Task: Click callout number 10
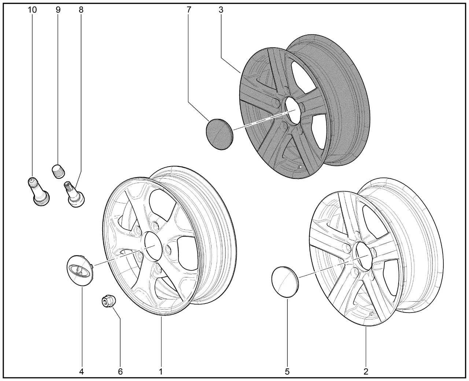tap(32, 10)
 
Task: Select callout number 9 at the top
tap(58, 10)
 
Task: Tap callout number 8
tap(81, 10)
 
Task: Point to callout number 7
tap(189, 10)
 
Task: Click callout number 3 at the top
tap(221, 10)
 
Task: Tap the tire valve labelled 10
tap(38, 192)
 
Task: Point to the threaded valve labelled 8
tap(74, 194)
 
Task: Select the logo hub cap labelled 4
tap(80, 270)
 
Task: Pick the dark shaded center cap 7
tap(219, 134)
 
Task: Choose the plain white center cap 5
tap(285, 282)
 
